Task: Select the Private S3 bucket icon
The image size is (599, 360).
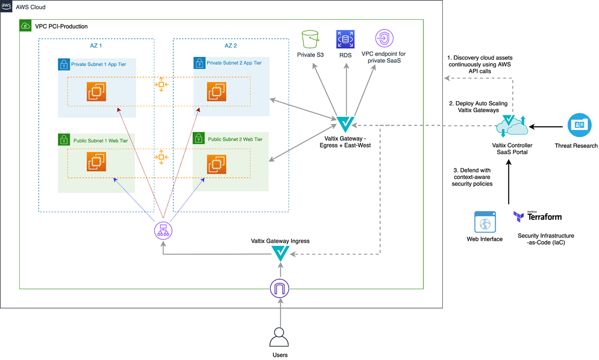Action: click(x=310, y=39)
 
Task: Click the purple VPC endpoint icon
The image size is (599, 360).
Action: click(x=384, y=39)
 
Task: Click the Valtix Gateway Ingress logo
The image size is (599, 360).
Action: click(x=281, y=253)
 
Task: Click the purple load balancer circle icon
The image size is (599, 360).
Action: click(x=163, y=230)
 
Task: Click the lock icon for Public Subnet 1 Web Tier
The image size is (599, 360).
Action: click(x=64, y=140)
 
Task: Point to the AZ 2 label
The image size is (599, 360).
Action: click(x=231, y=46)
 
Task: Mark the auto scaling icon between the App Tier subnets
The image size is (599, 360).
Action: click(x=161, y=84)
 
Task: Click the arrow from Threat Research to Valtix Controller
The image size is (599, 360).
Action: click(x=548, y=126)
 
